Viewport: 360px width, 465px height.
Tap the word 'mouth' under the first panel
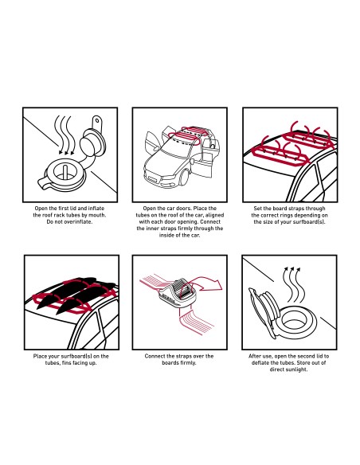(x=97, y=215)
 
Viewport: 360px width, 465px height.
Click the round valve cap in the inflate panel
(x=88, y=143)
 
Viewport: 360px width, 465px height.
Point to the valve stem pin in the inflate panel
(x=65, y=171)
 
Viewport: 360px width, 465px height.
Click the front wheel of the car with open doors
(x=184, y=178)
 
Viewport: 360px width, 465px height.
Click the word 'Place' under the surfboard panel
(x=41, y=356)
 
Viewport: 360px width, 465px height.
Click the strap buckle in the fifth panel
(x=178, y=294)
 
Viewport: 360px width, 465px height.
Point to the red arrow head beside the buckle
(x=217, y=285)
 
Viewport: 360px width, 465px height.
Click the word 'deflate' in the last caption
(x=260, y=363)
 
